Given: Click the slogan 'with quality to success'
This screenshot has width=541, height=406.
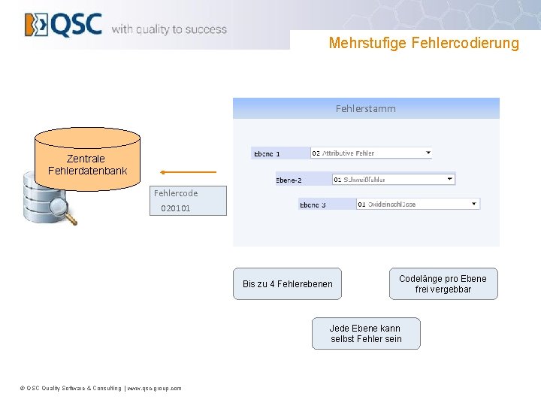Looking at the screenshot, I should click(169, 29).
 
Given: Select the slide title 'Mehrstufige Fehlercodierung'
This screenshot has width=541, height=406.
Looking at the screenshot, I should click(424, 43).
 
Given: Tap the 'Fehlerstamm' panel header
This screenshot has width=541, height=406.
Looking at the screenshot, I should click(366, 108).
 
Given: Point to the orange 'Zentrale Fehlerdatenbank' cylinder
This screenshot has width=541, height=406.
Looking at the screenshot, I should click(87, 159).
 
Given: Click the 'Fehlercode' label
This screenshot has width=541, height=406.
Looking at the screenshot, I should click(176, 193).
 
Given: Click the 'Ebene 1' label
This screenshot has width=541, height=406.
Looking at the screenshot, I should click(267, 153).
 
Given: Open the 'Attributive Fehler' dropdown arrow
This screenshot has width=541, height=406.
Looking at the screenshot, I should click(428, 153).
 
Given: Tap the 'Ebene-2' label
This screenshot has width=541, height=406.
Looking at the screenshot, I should click(289, 180).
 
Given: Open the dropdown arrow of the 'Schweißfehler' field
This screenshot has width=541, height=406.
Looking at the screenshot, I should click(450, 179).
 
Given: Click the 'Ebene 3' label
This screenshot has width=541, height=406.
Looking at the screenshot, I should click(313, 205).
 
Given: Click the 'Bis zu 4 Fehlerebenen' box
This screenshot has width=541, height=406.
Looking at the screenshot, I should click(287, 284).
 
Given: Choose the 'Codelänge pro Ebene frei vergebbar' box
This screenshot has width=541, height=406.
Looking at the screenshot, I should click(443, 284).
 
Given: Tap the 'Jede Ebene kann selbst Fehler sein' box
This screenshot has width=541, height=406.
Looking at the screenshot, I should click(366, 334).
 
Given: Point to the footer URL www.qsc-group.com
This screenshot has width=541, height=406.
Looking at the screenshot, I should click(155, 388).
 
